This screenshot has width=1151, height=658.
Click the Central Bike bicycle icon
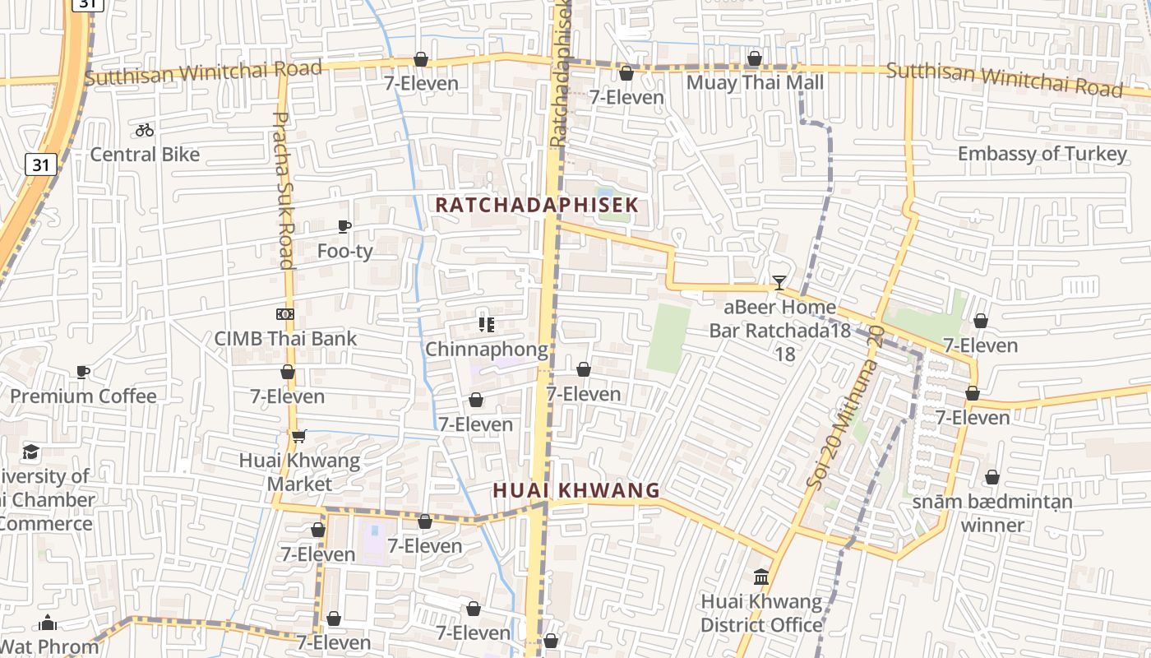145,130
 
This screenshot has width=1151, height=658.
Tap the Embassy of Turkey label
1042,154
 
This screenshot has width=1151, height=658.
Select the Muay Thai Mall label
755,82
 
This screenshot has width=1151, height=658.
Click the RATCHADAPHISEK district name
537,205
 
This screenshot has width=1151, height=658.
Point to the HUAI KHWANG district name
576,490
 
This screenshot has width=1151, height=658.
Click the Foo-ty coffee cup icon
344,226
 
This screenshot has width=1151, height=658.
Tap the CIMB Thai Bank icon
285,314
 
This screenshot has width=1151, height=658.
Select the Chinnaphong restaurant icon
486,325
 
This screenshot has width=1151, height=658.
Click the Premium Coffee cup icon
82,372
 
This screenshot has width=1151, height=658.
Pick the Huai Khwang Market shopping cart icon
298,436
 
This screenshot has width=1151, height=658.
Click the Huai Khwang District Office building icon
761,577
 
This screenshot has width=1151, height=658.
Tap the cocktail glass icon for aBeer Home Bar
779,283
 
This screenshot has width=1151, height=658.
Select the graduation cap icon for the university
31,452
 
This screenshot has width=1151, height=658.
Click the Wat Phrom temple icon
48,623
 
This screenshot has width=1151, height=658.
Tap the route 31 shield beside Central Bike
41,164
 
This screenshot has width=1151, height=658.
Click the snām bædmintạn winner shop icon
992,477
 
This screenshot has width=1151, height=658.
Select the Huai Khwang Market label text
299,472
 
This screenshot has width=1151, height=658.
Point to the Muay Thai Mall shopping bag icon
755,58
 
